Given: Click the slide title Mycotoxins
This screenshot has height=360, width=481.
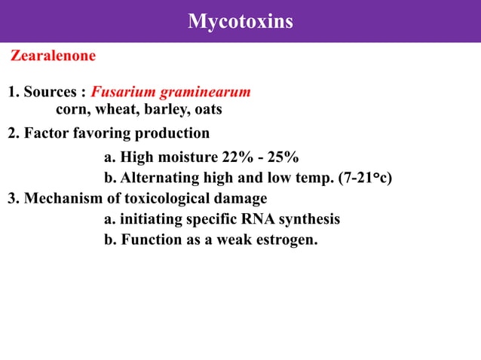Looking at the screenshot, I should (x=240, y=21).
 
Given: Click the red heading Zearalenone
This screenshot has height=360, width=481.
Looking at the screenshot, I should (x=53, y=56).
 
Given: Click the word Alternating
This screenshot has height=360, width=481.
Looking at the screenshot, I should (x=159, y=178).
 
